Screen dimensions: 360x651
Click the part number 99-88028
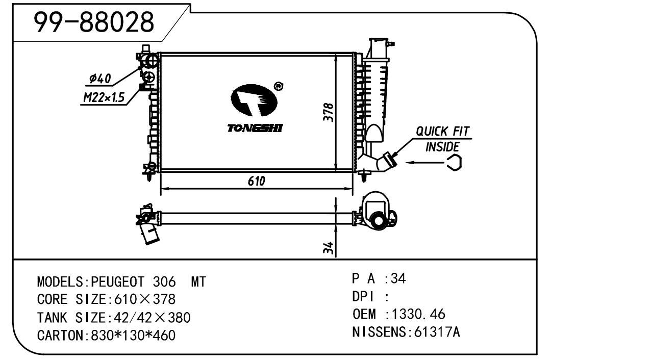pos(93,22)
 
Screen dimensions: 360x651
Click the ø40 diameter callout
pos(100,79)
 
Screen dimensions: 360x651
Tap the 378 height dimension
pos(329,112)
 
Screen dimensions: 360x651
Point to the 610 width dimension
pos(257,181)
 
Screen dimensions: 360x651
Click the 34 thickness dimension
pos(330,248)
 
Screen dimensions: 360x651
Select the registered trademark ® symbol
pos(279,86)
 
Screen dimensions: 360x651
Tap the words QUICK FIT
pos(442,131)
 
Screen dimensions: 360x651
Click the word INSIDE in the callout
pos(442,147)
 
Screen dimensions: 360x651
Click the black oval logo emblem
pos(254,101)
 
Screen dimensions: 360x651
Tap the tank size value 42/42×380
pos(149,318)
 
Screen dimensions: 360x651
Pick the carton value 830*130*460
pos(133,336)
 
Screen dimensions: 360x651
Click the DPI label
pos(363,296)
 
